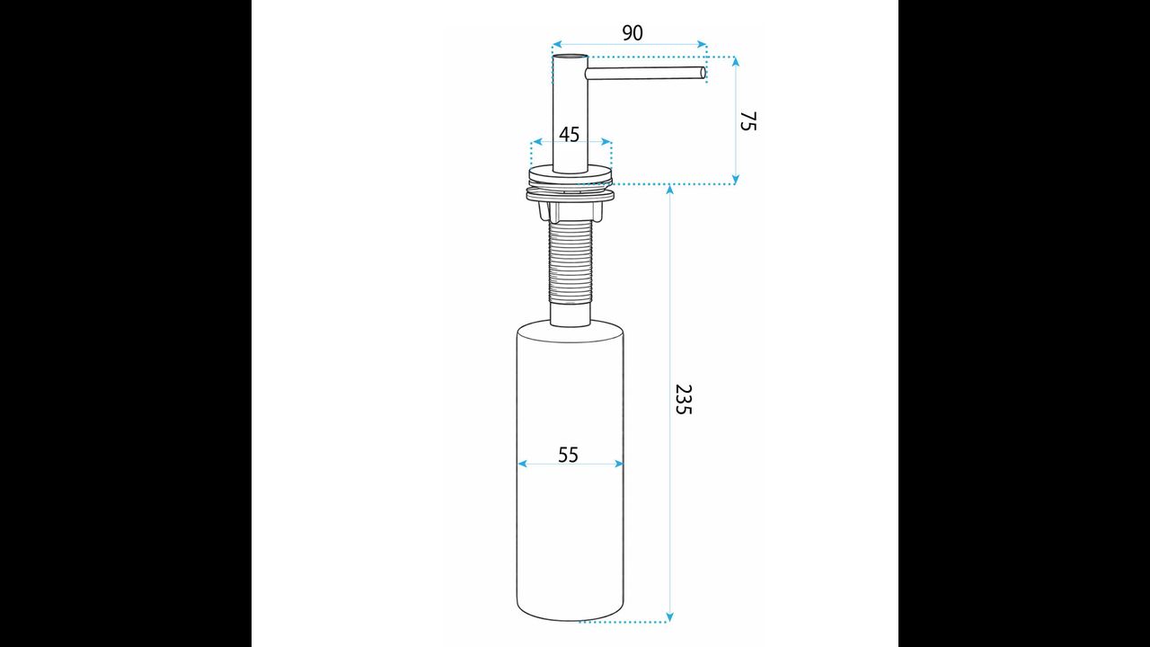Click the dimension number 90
click(632, 33)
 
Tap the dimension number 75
click(748, 121)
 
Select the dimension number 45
click(570, 135)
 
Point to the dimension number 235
click(684, 400)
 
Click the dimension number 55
click(569, 455)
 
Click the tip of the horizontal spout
click(703, 73)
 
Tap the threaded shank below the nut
click(571, 261)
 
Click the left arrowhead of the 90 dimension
click(557, 45)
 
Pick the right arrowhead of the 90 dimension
click(703, 45)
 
